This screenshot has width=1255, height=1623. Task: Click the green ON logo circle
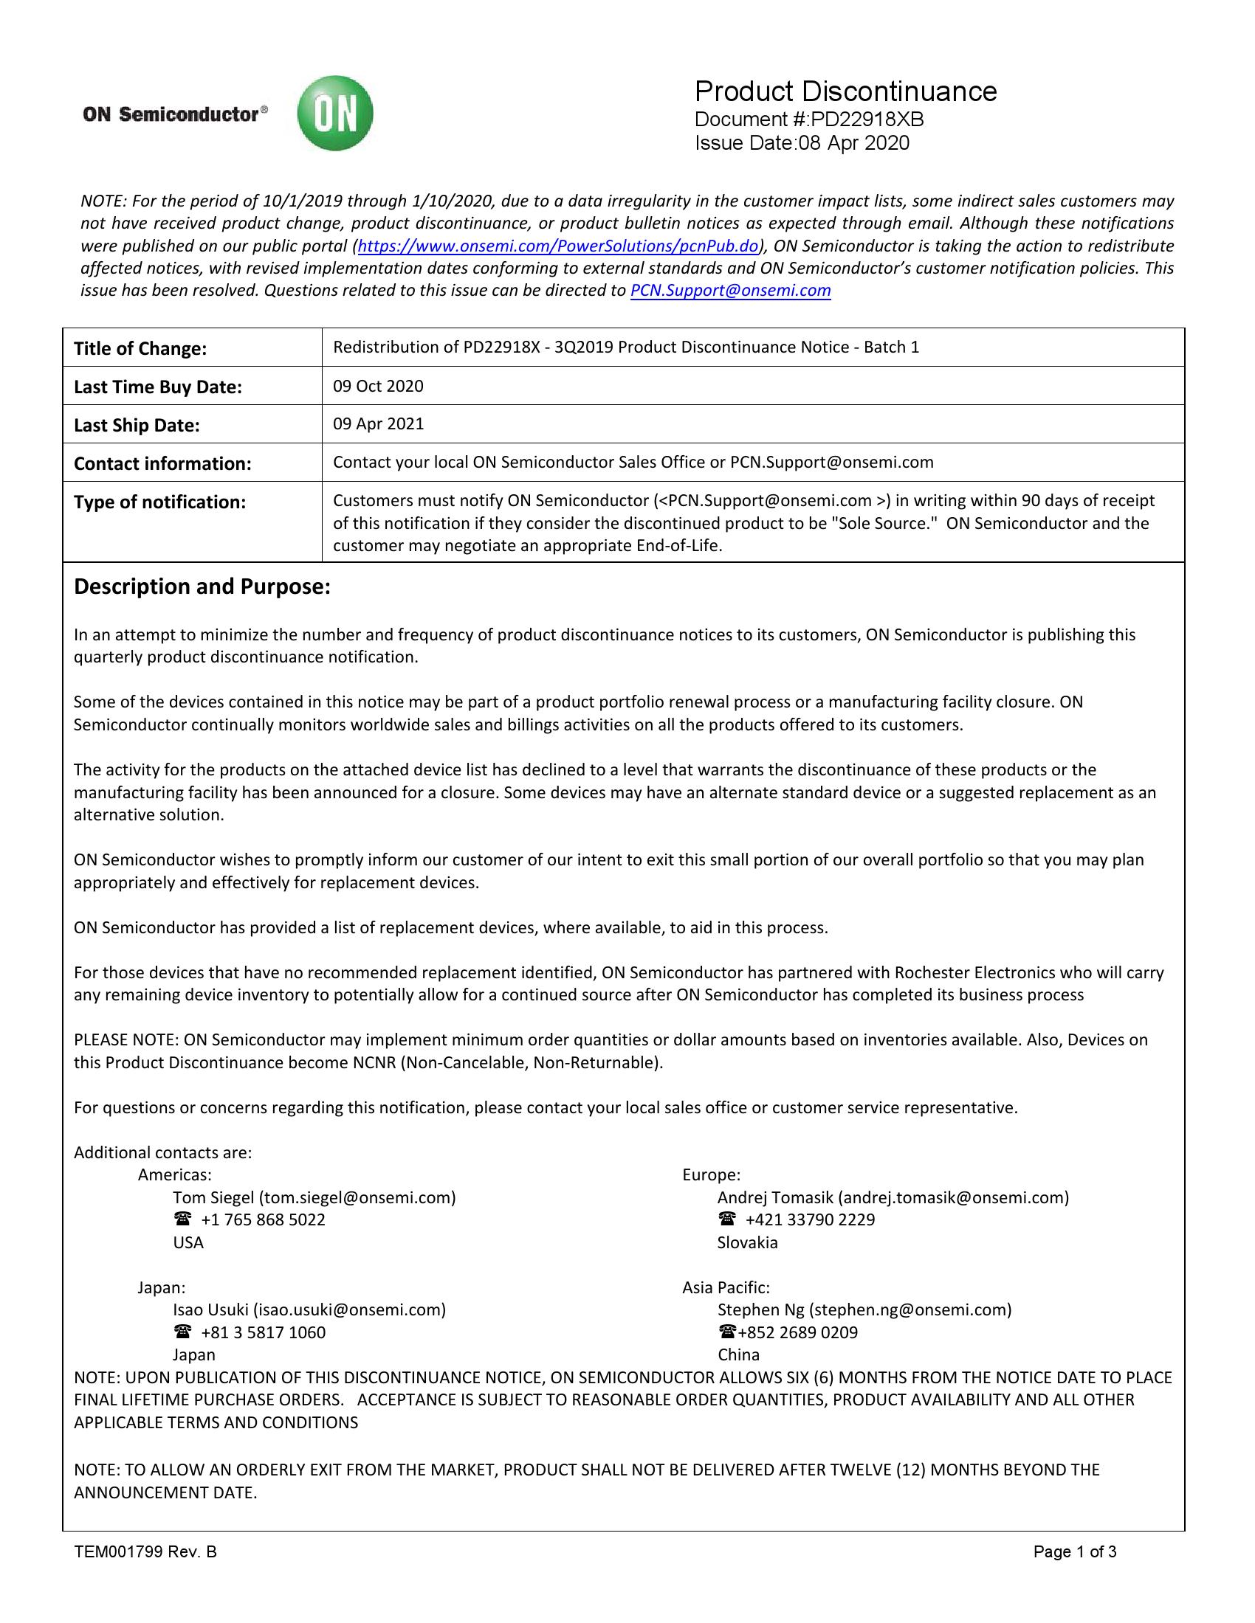click(334, 114)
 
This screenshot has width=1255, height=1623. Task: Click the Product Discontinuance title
click(845, 92)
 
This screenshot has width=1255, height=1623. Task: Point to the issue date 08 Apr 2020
click(853, 142)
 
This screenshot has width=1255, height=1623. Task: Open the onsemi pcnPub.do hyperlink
click(558, 246)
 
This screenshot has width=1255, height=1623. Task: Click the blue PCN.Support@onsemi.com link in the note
click(730, 291)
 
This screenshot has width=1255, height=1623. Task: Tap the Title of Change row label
click(140, 348)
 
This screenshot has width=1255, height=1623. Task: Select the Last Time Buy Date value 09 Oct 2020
click(378, 386)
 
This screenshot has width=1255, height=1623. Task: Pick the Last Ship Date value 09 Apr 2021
click(378, 423)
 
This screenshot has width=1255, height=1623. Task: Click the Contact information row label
click(162, 464)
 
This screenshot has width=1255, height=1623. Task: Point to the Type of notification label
click(159, 502)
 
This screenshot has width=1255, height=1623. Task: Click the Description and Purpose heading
click(202, 586)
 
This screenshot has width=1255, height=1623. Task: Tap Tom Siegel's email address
click(357, 1197)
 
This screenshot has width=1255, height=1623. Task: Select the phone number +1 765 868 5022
click(263, 1219)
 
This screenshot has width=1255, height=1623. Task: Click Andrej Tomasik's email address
click(954, 1197)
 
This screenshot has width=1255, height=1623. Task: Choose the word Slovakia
click(747, 1242)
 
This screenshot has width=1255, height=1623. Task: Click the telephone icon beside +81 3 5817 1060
click(182, 1332)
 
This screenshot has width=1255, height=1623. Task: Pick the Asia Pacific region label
click(726, 1287)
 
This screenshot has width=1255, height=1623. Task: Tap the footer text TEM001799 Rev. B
click(145, 1551)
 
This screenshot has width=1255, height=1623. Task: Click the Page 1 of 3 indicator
click(1074, 1551)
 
